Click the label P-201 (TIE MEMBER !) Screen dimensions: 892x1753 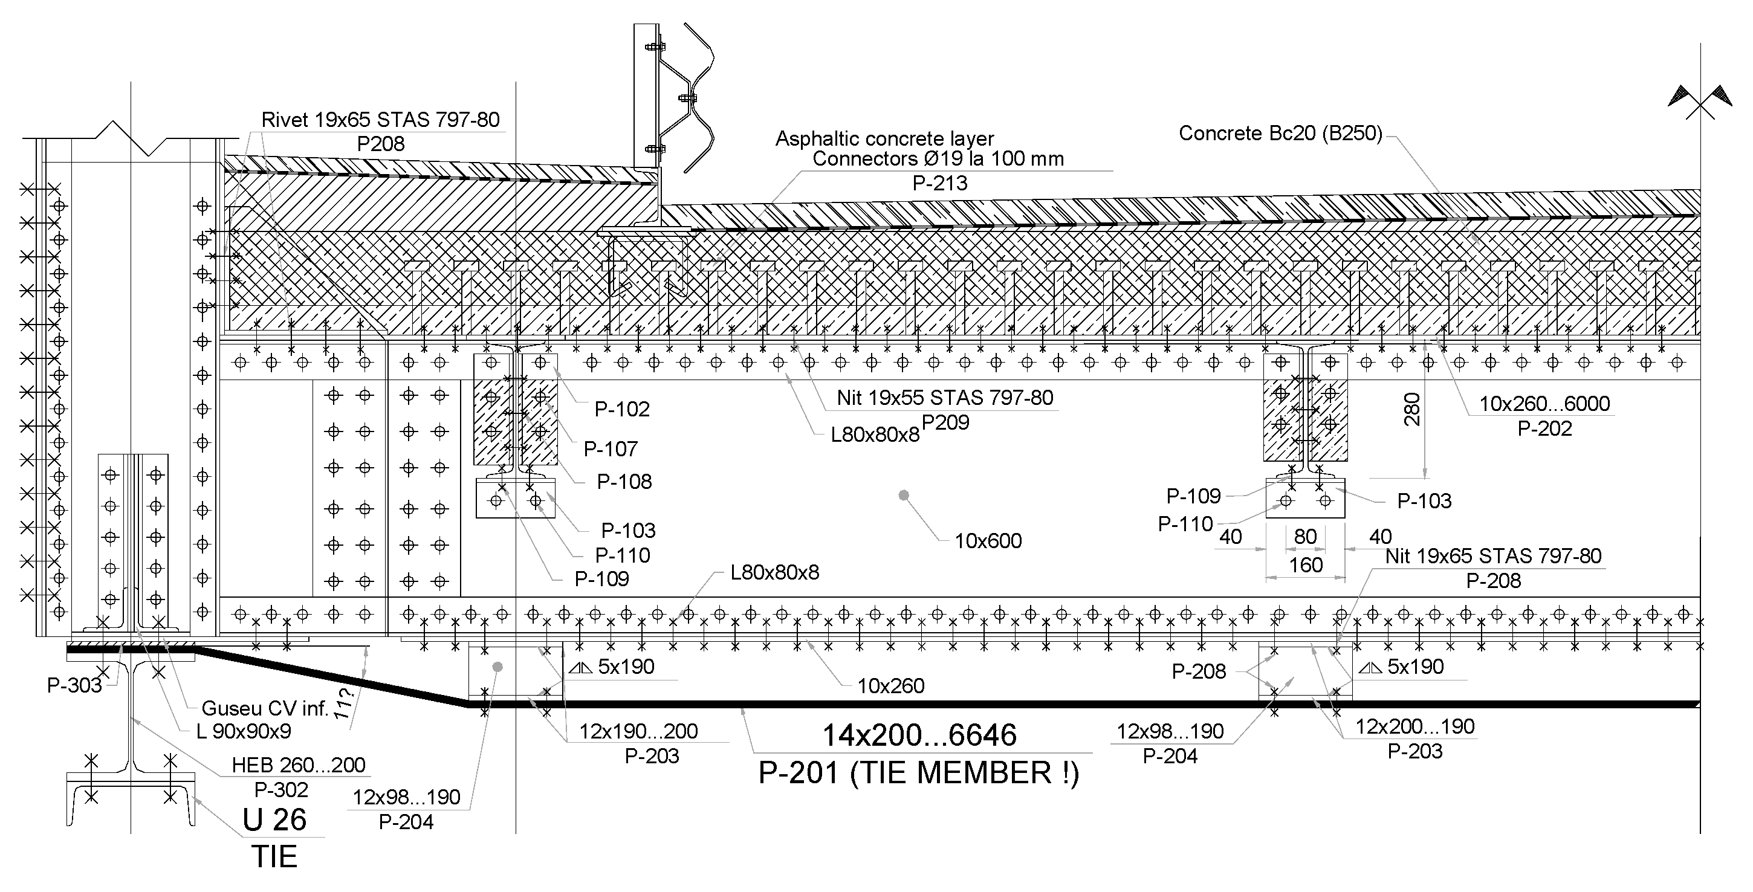[919, 774]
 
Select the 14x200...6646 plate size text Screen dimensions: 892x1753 [919, 735]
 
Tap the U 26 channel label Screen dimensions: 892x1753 [274, 820]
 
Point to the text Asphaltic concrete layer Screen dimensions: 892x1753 [885, 139]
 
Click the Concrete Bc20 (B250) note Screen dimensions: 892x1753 [1280, 134]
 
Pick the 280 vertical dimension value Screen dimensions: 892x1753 [1413, 409]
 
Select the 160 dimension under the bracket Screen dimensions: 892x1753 [1305, 564]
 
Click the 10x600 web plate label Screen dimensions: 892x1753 [988, 541]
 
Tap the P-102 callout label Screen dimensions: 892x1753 [622, 409]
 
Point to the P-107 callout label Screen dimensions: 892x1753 [611, 449]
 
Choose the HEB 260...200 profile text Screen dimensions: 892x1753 [298, 764]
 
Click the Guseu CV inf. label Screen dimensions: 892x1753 [265, 708]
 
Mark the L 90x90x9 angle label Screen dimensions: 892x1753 [243, 731]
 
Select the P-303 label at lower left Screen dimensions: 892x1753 [74, 685]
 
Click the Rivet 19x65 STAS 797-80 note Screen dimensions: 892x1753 [380, 120]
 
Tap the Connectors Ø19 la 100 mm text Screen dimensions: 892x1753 [938, 159]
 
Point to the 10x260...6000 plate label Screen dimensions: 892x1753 [1544, 404]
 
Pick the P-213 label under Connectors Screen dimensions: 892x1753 [939, 183]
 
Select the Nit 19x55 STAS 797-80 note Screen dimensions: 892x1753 [945, 398]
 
